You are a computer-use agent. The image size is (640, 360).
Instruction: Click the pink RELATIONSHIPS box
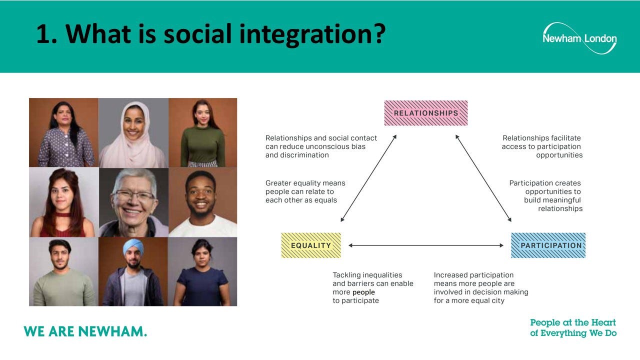pyautogui.click(x=425, y=113)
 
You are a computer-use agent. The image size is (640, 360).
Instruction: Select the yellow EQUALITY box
pyautogui.click(x=311, y=245)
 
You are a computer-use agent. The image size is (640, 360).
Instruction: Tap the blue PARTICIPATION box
pyautogui.click(x=548, y=245)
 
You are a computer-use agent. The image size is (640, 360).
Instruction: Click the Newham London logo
pyautogui.click(x=579, y=38)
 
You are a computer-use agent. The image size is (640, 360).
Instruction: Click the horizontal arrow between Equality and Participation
pyautogui.click(x=425, y=245)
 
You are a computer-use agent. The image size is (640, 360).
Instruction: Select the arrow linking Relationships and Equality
pyautogui.click(x=368, y=178)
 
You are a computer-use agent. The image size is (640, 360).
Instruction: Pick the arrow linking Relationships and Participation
pyautogui.click(x=483, y=178)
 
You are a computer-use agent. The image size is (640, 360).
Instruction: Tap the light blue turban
pyautogui.click(x=133, y=247)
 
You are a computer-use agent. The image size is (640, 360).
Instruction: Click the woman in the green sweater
pyautogui.click(x=202, y=133)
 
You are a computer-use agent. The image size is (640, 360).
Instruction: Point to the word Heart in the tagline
pyautogui.click(x=603, y=322)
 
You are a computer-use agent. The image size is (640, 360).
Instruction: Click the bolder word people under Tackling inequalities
pyautogui.click(x=363, y=292)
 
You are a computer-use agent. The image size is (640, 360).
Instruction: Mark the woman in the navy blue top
pyautogui.click(x=202, y=273)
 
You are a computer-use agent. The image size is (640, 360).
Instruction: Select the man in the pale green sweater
pyautogui.click(x=63, y=273)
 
